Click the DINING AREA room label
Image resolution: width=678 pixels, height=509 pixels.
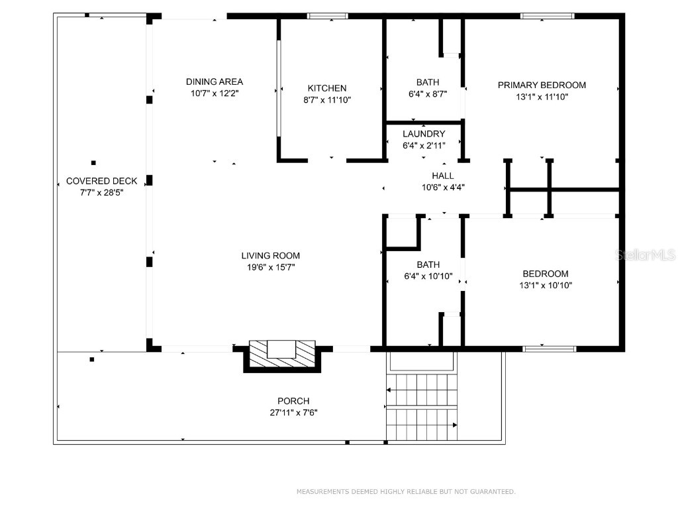tap(214, 82)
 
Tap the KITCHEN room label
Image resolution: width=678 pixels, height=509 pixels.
tap(326, 88)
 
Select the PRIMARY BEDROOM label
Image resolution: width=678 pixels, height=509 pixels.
tap(542, 85)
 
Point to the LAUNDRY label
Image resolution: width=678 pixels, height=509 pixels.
tap(424, 134)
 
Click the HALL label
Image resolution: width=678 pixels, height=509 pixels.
tap(443, 176)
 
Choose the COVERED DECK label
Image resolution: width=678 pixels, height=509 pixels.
tap(101, 181)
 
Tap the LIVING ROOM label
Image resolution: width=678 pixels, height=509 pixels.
tap(270, 256)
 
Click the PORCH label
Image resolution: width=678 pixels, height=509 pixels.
tap(293, 401)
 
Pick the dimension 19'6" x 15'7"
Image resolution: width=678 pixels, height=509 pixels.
tap(270, 268)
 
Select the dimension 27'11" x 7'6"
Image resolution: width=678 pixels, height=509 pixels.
tap(293, 412)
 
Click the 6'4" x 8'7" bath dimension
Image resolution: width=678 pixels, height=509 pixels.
tap(428, 94)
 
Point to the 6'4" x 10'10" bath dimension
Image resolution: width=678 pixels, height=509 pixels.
tap(428, 276)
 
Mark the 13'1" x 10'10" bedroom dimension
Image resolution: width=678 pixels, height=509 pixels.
tap(546, 286)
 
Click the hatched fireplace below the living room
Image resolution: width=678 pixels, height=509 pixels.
tap(282, 355)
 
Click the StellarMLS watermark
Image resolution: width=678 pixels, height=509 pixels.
tap(645, 254)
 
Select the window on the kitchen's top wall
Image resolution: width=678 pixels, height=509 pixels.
tap(328, 16)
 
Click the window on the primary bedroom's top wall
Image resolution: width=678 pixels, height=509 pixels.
tap(547, 16)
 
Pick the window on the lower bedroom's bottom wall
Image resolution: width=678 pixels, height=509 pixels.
tap(550, 349)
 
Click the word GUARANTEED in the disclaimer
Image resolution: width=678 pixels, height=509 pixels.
tap(491, 492)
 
